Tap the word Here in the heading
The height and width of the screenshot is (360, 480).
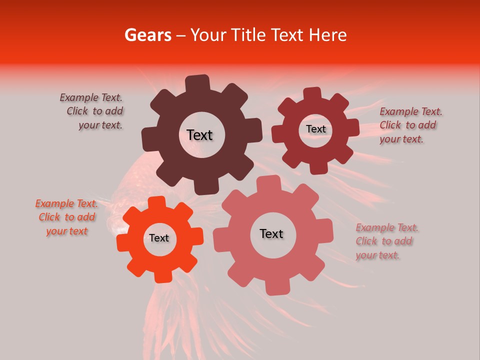pyautogui.click(x=327, y=35)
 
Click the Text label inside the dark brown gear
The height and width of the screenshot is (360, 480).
pyautogui.click(x=199, y=135)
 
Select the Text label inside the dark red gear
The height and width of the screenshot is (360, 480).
pyautogui.click(x=315, y=129)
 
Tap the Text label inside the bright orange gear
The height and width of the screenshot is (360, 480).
pyautogui.click(x=159, y=238)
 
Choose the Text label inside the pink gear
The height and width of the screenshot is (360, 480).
pyautogui.click(x=271, y=234)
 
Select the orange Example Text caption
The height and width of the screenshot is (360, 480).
pyautogui.click(x=66, y=217)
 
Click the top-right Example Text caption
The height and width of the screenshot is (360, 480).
pyautogui.click(x=410, y=125)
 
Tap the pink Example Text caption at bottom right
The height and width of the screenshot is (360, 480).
pyautogui.click(x=386, y=241)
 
